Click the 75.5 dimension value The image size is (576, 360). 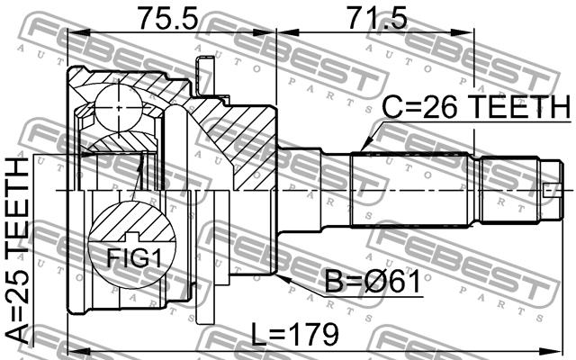click(167, 18)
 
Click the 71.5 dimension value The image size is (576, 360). click(377, 18)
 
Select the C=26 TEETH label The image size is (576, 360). click(476, 106)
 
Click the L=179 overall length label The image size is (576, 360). click(294, 334)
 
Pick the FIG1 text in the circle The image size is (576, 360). click(134, 257)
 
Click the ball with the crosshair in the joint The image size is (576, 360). click(118, 108)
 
